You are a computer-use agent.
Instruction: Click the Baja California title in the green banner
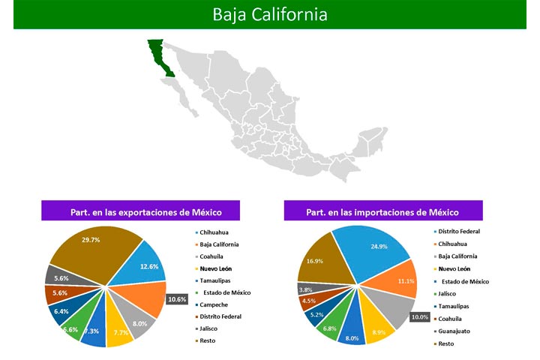pyautogui.click(x=270, y=14)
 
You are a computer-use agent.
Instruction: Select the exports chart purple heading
pyautogui.click(x=140, y=211)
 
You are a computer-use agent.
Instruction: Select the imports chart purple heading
pyautogui.click(x=383, y=211)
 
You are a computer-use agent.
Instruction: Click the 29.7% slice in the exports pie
pyautogui.click(x=93, y=251)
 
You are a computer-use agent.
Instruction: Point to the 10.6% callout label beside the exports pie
pyautogui.click(x=177, y=299)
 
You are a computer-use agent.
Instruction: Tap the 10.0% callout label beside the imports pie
pyautogui.click(x=420, y=317)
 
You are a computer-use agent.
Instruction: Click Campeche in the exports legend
pyautogui.click(x=214, y=304)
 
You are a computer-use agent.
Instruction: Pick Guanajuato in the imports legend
pyautogui.click(x=454, y=331)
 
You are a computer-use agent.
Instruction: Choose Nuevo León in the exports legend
pyautogui.click(x=215, y=268)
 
